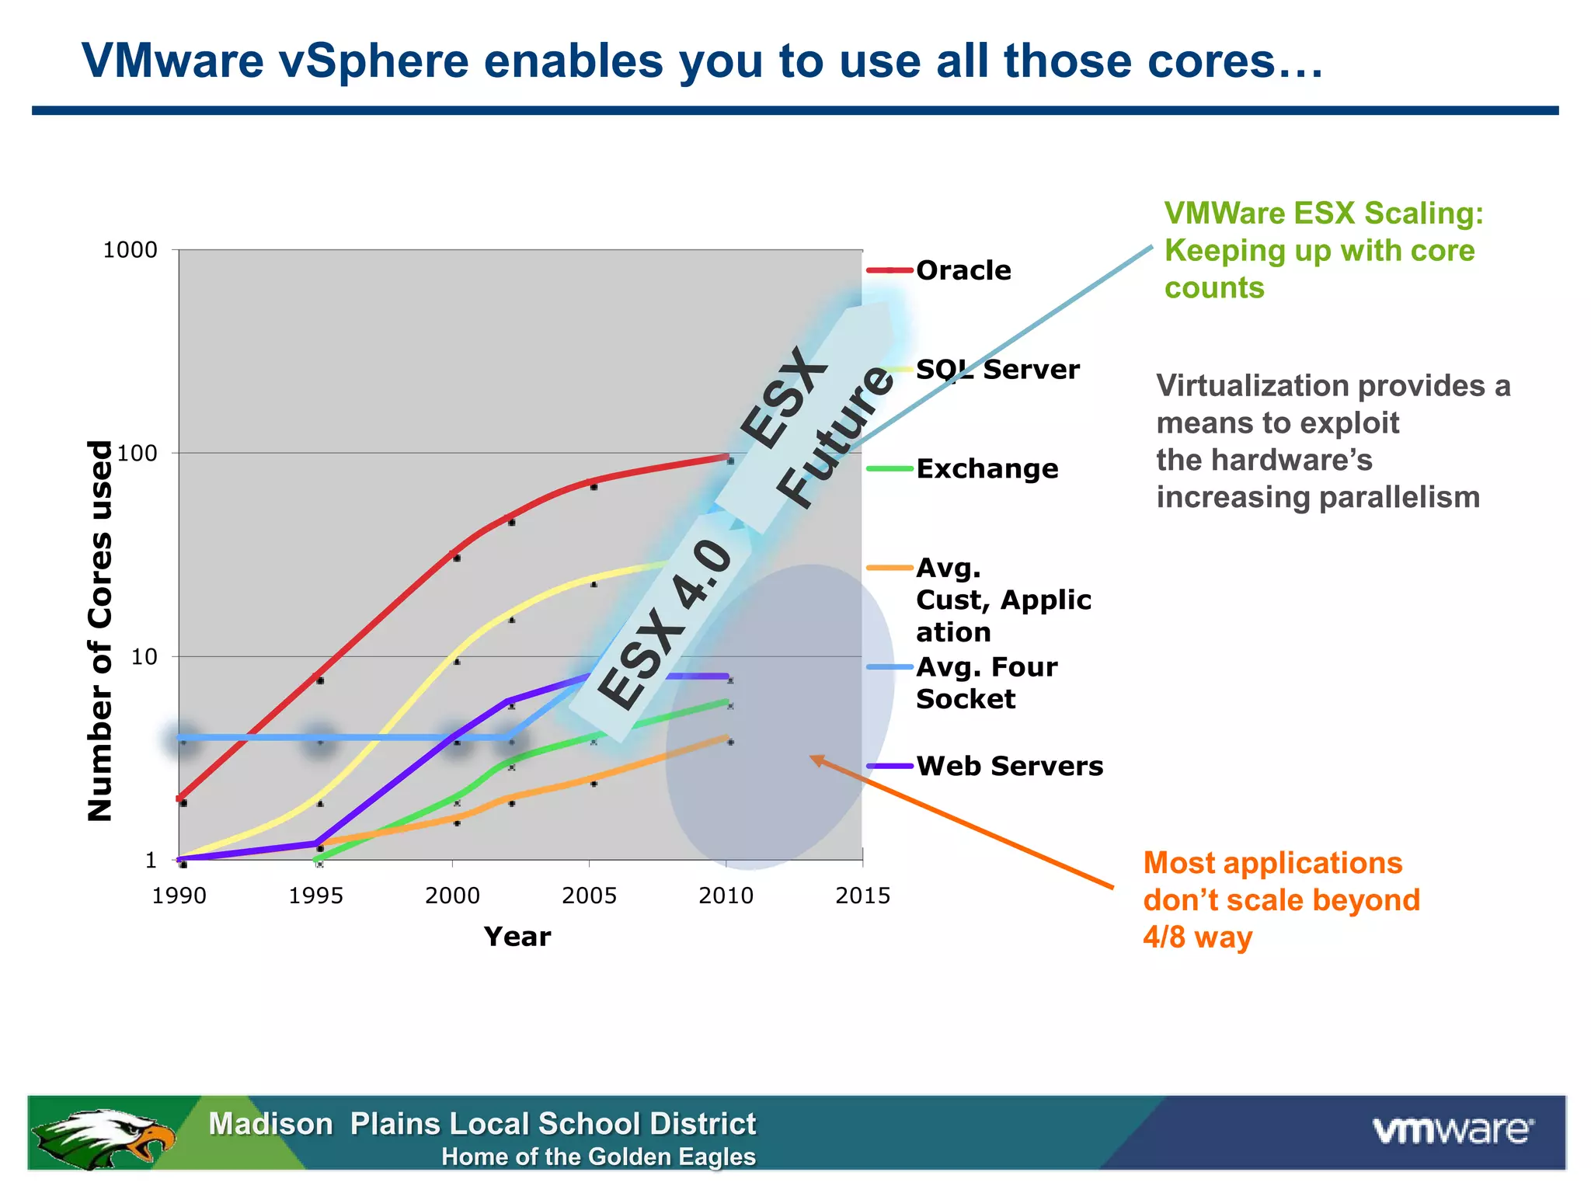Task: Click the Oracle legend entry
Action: pyautogui.click(x=963, y=270)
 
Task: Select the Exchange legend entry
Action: pyautogui.click(x=986, y=469)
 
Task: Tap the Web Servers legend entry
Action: pyautogui.click(x=1008, y=767)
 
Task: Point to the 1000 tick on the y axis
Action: pyautogui.click(x=130, y=250)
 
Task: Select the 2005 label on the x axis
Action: pyautogui.click(x=589, y=896)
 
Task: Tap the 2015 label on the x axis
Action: pyautogui.click(x=862, y=896)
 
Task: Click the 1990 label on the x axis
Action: pyautogui.click(x=179, y=896)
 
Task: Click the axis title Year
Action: pyautogui.click(x=517, y=937)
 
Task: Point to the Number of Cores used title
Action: pyautogui.click(x=100, y=631)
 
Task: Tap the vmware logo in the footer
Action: pyautogui.click(x=1451, y=1130)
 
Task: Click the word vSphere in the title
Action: pyautogui.click(x=374, y=61)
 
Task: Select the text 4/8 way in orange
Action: pyautogui.click(x=1197, y=937)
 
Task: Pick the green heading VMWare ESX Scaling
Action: pyautogui.click(x=1323, y=214)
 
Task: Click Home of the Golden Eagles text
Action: pyautogui.click(x=598, y=1157)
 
